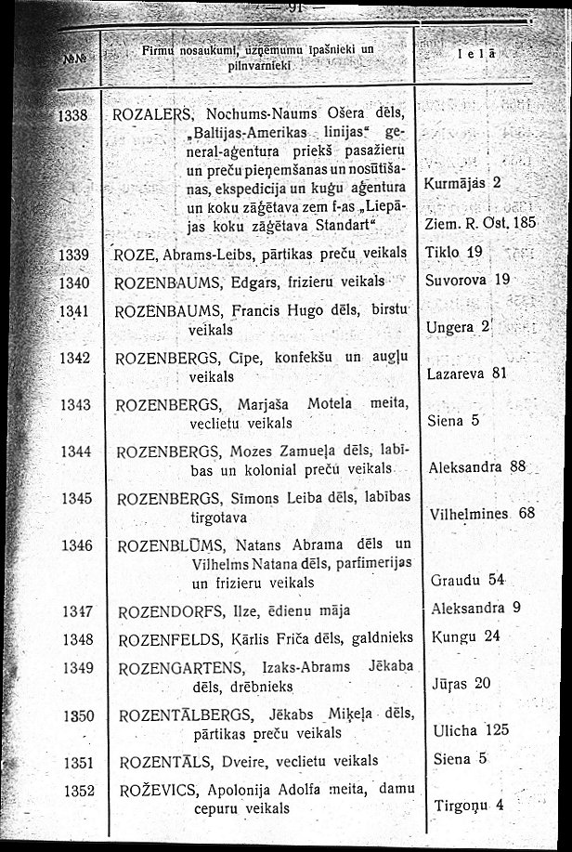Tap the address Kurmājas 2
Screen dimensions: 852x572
(x=461, y=182)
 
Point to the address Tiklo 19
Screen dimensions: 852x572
(x=453, y=252)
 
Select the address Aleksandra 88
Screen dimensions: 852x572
(x=477, y=467)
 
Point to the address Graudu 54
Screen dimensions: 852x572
(x=467, y=581)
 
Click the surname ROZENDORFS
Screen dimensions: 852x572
(x=174, y=611)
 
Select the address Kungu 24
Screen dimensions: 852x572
(x=466, y=636)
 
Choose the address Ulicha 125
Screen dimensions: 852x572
(x=472, y=730)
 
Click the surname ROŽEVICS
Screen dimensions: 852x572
(x=162, y=791)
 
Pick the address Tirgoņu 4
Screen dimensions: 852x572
(x=468, y=805)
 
